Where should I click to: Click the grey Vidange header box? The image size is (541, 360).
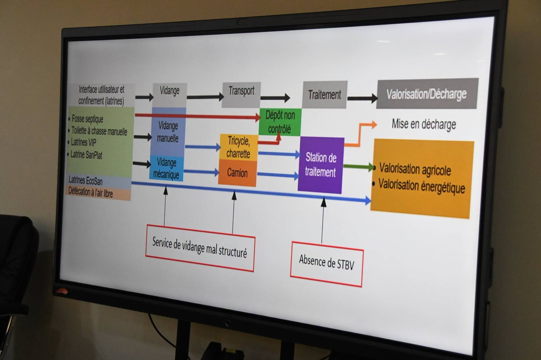pyautogui.click(x=170, y=95)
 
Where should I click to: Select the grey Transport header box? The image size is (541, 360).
pyautogui.click(x=241, y=95)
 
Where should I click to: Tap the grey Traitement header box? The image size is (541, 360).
pyautogui.click(x=325, y=95)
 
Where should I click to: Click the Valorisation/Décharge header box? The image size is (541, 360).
pyautogui.click(x=427, y=93)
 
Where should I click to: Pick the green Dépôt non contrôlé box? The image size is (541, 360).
pyautogui.click(x=280, y=122)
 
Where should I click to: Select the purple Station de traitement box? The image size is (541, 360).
pyautogui.click(x=321, y=165)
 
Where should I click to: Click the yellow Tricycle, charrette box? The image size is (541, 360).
pyautogui.click(x=239, y=147)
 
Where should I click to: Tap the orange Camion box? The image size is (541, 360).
pyautogui.click(x=237, y=173)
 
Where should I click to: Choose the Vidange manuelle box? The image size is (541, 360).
pyautogui.click(x=168, y=132)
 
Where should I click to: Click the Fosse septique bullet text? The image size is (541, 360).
pyautogui.click(x=86, y=119)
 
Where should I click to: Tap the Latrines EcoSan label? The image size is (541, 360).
pyautogui.click(x=86, y=181)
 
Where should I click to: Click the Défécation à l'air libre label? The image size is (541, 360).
pyautogui.click(x=91, y=192)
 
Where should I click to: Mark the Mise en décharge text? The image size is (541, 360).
pyautogui.click(x=424, y=124)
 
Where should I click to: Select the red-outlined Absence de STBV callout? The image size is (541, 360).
pyautogui.click(x=327, y=264)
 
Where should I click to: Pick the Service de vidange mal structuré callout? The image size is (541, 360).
pyautogui.click(x=200, y=248)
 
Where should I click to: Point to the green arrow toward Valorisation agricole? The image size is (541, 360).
pyautogui.click(x=359, y=167)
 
